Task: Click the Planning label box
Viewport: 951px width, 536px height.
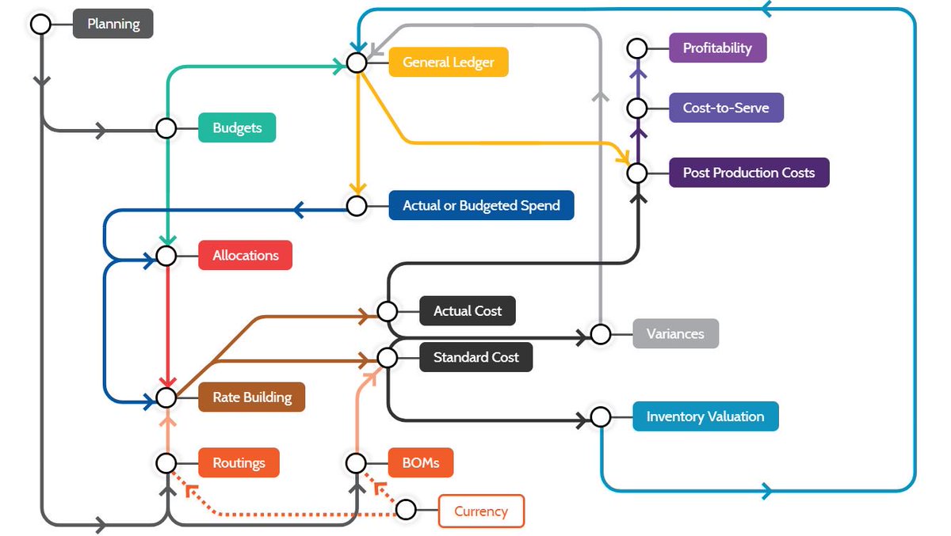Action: click(113, 24)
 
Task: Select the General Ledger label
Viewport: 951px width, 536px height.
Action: click(448, 62)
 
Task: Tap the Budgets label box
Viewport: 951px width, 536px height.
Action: click(236, 127)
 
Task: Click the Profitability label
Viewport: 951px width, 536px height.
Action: click(717, 48)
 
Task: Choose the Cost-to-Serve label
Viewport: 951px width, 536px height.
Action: click(725, 108)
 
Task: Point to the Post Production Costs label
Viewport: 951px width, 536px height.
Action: click(748, 172)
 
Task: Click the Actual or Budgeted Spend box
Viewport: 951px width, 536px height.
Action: click(481, 206)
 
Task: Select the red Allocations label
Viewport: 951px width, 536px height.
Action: click(245, 256)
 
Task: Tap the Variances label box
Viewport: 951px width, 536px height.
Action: click(675, 333)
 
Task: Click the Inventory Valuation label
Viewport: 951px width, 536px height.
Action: click(705, 416)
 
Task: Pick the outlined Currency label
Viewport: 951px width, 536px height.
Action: click(481, 511)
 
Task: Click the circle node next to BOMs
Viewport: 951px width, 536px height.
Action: click(357, 462)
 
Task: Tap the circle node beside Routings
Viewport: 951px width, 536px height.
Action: click(166, 462)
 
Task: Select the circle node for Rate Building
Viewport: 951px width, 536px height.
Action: click(166, 397)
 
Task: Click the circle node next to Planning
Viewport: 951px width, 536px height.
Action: click(40, 24)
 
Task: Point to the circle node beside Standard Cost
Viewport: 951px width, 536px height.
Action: click(387, 357)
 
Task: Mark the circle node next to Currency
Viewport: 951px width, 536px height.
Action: click(406, 510)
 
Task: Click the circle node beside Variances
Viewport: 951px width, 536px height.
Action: click(601, 333)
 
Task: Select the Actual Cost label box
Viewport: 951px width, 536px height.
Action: click(467, 311)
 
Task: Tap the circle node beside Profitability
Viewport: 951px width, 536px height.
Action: click(637, 48)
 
